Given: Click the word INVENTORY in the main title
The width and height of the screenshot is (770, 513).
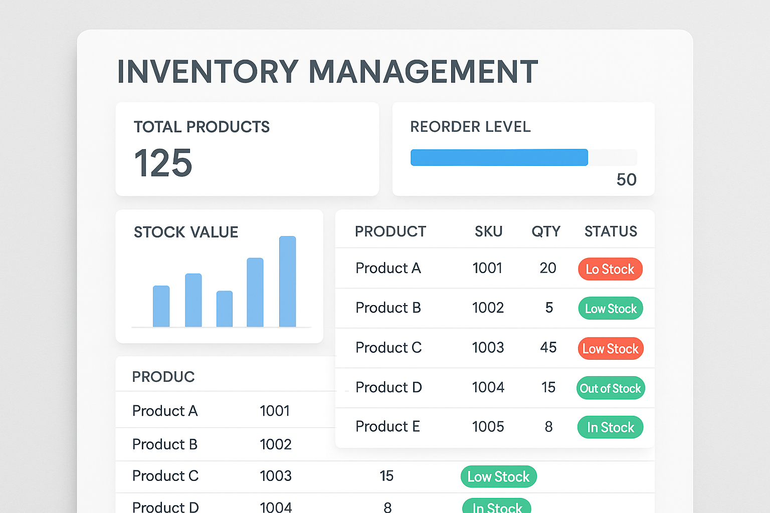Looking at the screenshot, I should (208, 72).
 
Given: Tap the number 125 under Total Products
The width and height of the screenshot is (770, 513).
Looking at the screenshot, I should (163, 163).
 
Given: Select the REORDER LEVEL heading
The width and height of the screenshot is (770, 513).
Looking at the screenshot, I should (470, 127).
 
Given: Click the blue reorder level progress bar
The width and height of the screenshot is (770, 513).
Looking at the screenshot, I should (499, 157).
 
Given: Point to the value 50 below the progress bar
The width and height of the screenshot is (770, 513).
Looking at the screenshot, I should (626, 180).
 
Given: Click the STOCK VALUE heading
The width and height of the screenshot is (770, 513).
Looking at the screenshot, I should (186, 232).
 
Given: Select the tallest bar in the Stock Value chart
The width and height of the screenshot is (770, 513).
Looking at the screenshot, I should (287, 282).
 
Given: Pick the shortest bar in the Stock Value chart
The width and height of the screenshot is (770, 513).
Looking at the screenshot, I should (225, 309).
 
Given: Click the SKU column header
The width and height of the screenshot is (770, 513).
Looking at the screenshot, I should (488, 231).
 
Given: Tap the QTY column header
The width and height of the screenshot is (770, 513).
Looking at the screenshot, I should (546, 231).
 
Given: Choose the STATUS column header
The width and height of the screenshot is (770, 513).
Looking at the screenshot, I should (611, 231).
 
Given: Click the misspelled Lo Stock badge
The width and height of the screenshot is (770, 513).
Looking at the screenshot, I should (610, 269).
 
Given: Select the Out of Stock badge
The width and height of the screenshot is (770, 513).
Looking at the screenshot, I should (610, 388).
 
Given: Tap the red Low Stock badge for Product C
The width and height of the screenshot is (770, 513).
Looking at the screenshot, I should (610, 349).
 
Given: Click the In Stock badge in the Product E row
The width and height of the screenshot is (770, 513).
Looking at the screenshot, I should (610, 427).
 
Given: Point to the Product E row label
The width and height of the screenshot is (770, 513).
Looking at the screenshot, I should (388, 426).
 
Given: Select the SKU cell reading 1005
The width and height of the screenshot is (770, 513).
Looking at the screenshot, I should (488, 426).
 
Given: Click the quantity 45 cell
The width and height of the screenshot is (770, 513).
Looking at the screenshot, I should (548, 347).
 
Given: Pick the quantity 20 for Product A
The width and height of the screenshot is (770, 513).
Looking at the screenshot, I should (548, 268).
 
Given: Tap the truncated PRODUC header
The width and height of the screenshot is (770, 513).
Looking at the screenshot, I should (163, 377).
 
